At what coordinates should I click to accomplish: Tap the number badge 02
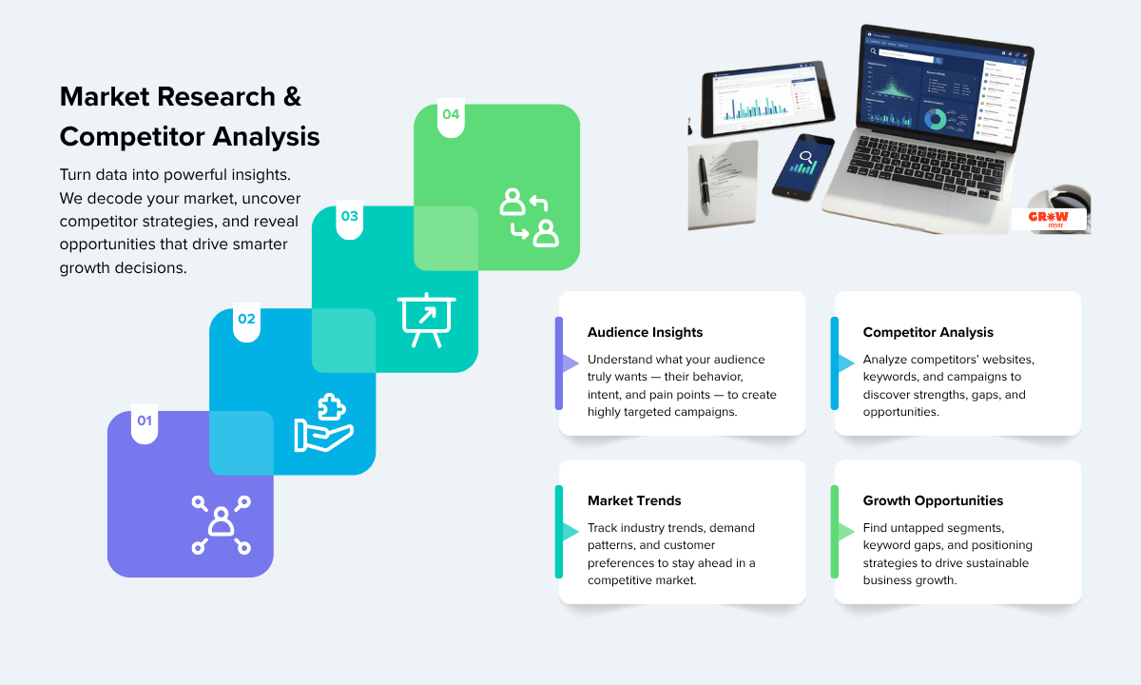click(x=246, y=320)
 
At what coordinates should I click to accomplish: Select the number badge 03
click(x=350, y=217)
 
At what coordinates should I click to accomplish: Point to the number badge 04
click(x=451, y=115)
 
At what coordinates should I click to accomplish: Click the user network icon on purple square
click(x=221, y=523)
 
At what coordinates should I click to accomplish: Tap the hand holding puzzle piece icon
click(x=323, y=421)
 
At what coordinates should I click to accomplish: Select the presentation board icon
click(x=426, y=320)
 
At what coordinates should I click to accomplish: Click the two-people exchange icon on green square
click(x=529, y=217)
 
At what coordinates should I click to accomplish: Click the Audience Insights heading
click(x=645, y=333)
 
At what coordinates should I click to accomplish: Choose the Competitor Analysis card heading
click(x=928, y=333)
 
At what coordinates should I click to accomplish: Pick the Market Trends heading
click(x=634, y=501)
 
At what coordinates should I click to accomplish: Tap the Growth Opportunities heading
click(x=933, y=501)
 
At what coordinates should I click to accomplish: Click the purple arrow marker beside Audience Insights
click(x=569, y=363)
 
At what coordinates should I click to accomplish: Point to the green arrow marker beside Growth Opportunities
click(x=843, y=532)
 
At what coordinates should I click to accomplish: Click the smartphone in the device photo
click(x=803, y=166)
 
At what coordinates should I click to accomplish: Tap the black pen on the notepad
click(x=705, y=180)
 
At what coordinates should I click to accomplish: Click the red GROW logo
click(x=1048, y=218)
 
